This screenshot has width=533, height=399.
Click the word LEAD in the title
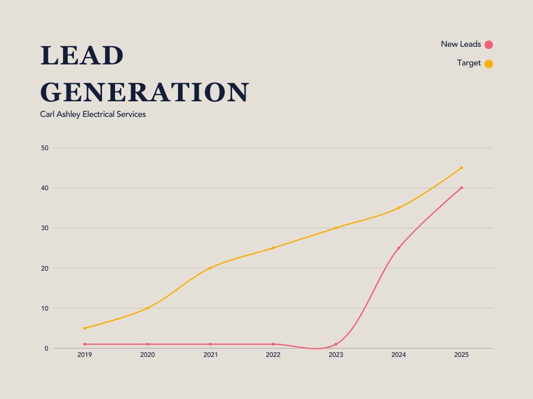pyautogui.click(x=82, y=56)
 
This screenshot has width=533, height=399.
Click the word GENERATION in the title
pyautogui.click(x=145, y=92)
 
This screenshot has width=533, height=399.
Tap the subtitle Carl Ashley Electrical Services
pyautogui.click(x=93, y=114)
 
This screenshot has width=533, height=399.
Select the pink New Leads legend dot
pyautogui.click(x=489, y=45)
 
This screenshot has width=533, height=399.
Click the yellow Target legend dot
pyautogui.click(x=489, y=64)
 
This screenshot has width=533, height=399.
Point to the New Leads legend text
pyautogui.click(x=461, y=44)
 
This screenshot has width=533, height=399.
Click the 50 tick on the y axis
pyautogui.click(x=45, y=148)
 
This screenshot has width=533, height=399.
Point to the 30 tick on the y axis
pyautogui.click(x=45, y=228)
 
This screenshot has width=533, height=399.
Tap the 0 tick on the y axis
pyautogui.click(x=46, y=349)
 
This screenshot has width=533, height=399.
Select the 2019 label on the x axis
pyautogui.click(x=84, y=355)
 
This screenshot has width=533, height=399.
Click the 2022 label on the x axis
pyautogui.click(x=273, y=355)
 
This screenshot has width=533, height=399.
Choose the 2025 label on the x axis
pyautogui.click(x=461, y=355)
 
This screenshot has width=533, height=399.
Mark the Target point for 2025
pyautogui.click(x=461, y=168)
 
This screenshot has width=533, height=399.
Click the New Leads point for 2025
pyautogui.click(x=461, y=188)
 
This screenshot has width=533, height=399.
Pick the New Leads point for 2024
pyautogui.click(x=399, y=248)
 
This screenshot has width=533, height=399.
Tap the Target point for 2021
pyautogui.click(x=210, y=268)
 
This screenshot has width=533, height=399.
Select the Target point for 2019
pyautogui.click(x=84, y=328)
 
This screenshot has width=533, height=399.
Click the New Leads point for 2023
pyautogui.click(x=336, y=344)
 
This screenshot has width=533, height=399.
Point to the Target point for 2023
pyautogui.click(x=336, y=228)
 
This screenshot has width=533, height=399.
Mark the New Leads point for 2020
pyautogui.click(x=147, y=344)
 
